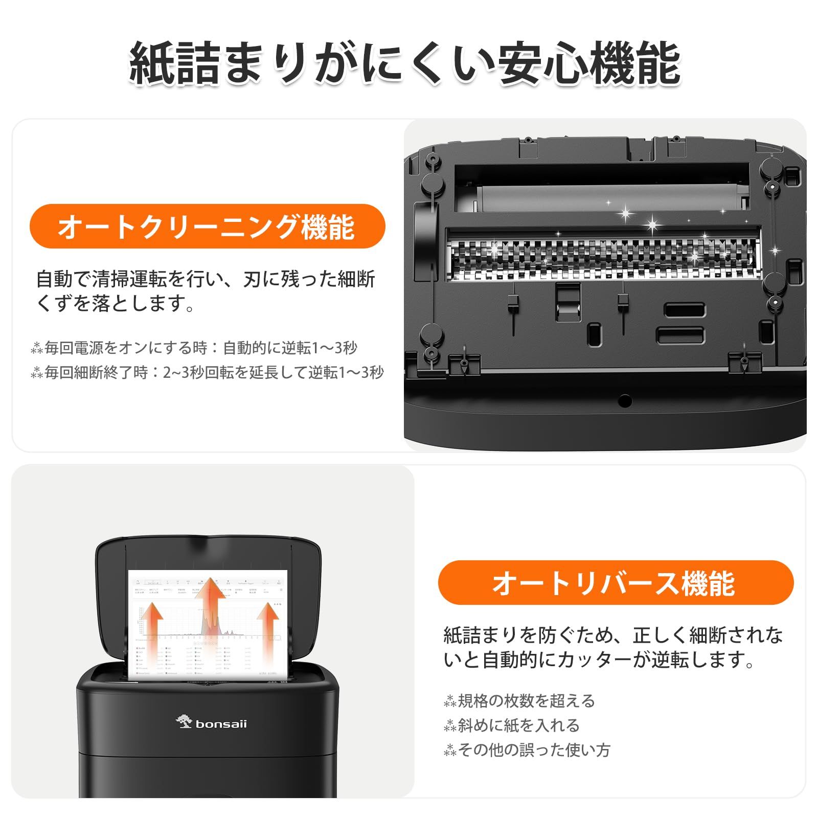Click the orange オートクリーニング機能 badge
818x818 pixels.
tap(207, 226)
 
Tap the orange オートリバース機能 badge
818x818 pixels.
tap(615, 583)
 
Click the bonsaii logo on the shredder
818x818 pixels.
tap(212, 723)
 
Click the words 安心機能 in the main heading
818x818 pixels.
tap(588, 64)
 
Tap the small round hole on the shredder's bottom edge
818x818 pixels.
tap(624, 400)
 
